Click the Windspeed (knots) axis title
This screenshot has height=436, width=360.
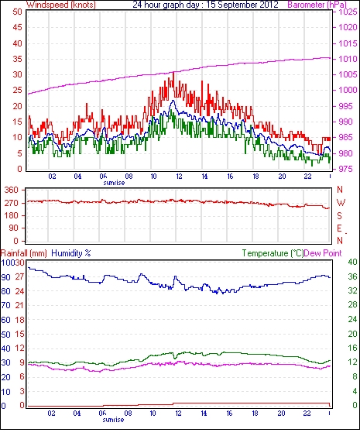pos(61,5)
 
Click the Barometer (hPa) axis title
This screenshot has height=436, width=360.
pos(317,5)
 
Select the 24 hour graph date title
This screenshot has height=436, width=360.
pos(205,5)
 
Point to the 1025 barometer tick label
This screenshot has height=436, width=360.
pos(348,12)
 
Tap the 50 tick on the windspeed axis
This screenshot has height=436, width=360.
pos(17,12)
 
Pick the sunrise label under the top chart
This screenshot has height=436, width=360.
pos(114,183)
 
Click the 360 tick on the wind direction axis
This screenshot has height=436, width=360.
pos(12,191)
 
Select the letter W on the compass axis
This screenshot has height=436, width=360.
pos(341,203)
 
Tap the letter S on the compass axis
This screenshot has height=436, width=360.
pos(339,215)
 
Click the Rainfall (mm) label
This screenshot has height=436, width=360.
pos(24,253)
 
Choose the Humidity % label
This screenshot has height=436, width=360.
pos(71,253)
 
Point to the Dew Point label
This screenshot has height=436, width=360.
pos(323,253)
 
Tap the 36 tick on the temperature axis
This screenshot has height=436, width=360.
pos(353,276)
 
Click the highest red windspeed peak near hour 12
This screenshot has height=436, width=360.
pos(173,73)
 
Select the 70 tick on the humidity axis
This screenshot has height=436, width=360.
pos(5,306)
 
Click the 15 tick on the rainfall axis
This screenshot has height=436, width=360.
pos(19,335)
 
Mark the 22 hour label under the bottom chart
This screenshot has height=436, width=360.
pos(307,414)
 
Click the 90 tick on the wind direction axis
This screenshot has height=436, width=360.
pos(13,228)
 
